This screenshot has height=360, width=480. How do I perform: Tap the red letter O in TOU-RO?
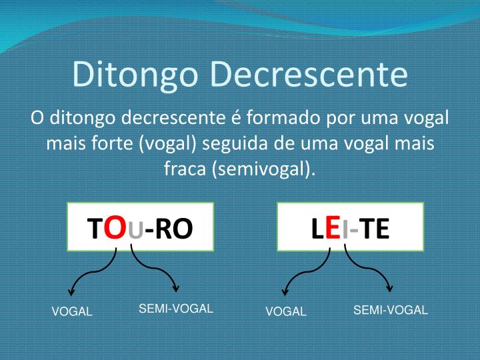click(x=115, y=228)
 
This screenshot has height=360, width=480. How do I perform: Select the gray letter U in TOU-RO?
click(x=135, y=230)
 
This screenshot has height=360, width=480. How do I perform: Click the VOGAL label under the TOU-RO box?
click(x=72, y=311)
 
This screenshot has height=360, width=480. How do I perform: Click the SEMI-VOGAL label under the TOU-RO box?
click(x=175, y=308)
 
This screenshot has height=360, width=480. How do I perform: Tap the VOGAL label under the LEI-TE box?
click(x=286, y=311)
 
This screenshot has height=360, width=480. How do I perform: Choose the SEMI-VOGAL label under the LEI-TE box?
click(x=390, y=310)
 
